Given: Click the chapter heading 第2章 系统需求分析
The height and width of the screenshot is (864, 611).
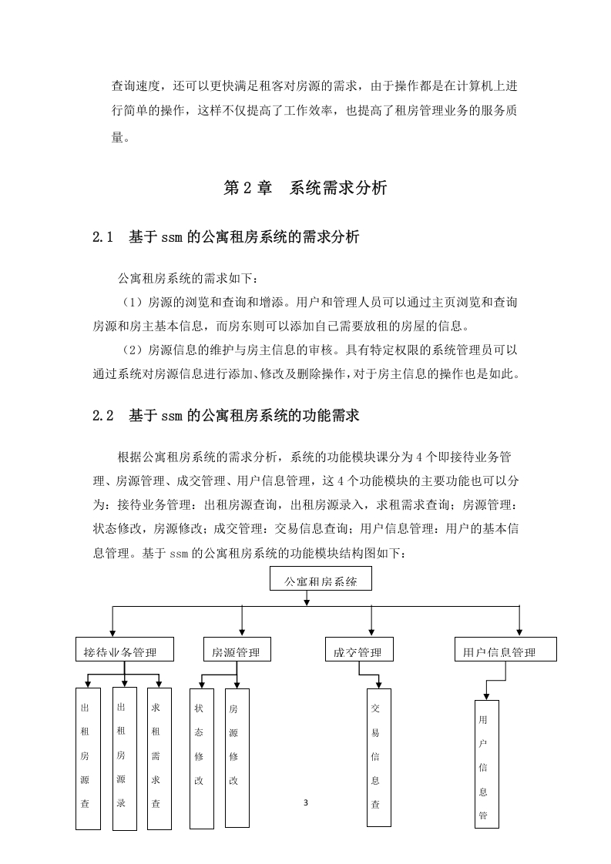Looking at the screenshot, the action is click(305, 188).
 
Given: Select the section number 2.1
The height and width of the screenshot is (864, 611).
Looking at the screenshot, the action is click(102, 237).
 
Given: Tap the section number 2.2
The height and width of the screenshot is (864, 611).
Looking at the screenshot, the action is click(103, 416).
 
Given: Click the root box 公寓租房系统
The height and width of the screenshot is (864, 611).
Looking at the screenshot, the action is click(321, 579).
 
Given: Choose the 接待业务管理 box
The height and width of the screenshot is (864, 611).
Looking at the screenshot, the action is click(125, 650).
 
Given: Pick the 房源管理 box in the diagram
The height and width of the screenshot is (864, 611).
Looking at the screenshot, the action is click(237, 650).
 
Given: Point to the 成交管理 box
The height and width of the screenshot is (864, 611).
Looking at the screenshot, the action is click(360, 650).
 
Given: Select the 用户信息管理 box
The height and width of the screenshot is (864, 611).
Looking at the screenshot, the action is click(505, 650).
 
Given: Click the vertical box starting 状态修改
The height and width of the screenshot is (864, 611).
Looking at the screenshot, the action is click(202, 759).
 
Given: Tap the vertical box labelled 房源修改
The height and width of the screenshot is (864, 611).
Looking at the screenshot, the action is click(237, 758).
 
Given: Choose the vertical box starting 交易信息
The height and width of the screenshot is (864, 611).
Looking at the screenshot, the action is click(379, 758).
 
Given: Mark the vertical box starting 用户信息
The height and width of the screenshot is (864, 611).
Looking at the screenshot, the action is click(487, 764).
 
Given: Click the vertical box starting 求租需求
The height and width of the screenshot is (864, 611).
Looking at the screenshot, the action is click(159, 759).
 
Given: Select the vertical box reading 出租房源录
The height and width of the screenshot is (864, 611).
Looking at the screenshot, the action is click(125, 759).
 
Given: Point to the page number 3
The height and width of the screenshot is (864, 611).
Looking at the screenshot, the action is click(306, 803).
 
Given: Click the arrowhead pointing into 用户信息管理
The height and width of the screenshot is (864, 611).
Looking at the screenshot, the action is click(519, 632).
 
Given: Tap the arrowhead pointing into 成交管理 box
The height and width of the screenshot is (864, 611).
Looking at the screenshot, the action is click(371, 632).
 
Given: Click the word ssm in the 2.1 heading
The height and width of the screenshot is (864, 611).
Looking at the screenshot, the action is click(172, 238).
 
